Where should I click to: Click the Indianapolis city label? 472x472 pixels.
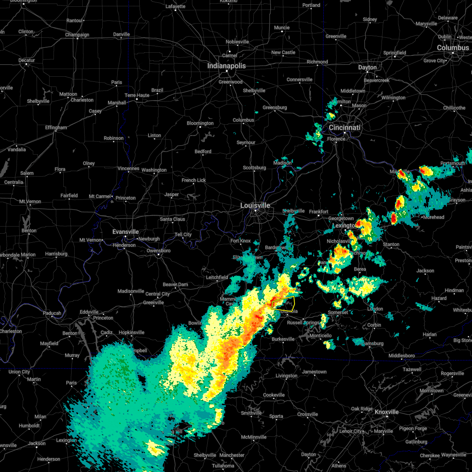227,66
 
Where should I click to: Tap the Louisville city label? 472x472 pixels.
255,205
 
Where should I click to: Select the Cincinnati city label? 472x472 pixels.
345,127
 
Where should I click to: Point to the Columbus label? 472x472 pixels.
453,48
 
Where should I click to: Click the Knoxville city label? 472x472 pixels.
387,412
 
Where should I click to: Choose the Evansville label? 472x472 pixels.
125,232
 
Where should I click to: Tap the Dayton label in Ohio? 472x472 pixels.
367,67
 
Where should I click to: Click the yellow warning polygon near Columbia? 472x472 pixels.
284,304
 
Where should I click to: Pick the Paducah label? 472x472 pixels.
52,313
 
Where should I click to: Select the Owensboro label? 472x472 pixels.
159,251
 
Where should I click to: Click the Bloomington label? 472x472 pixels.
200,123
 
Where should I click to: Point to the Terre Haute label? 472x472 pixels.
137,95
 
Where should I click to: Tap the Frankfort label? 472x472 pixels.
319,212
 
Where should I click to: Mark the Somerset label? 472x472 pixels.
338,312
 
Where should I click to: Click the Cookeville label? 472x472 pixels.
274,395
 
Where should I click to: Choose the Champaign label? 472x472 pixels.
77,35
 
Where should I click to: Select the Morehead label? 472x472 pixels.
433,217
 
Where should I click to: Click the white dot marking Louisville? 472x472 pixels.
255,211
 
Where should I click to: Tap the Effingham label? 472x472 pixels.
56,127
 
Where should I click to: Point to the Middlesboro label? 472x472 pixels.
402,356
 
